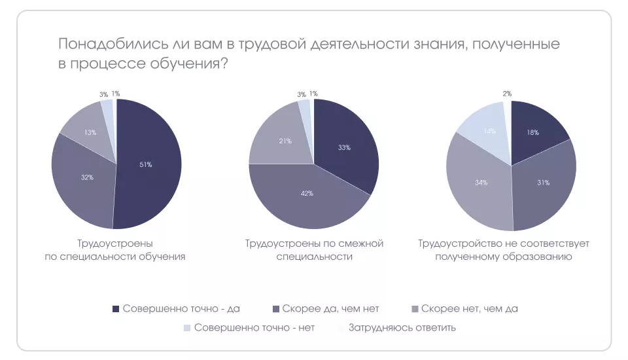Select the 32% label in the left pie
click(x=86, y=177)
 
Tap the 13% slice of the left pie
click(x=90, y=132)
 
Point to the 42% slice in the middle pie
click(x=307, y=194)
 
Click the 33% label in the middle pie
click(x=345, y=147)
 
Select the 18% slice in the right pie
click(x=533, y=133)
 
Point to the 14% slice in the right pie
click(x=487, y=131)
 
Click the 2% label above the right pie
click(x=507, y=94)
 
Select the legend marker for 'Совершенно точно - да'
click(x=116, y=309)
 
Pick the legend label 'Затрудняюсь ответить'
click(x=402, y=327)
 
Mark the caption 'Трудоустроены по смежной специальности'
click(x=314, y=250)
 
